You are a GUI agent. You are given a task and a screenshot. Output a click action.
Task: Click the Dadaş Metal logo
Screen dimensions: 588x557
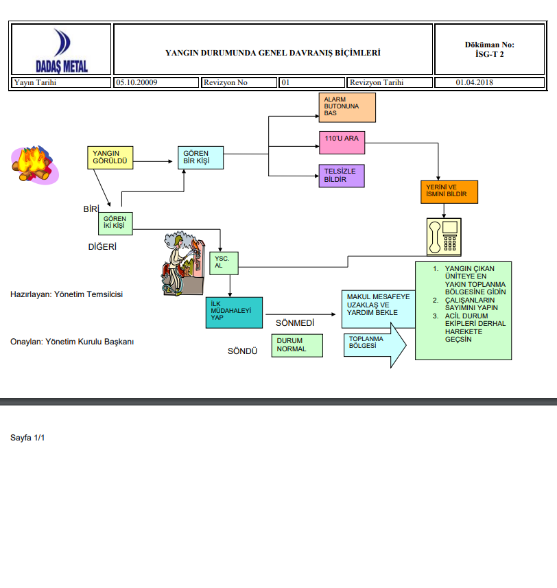tap(61, 50)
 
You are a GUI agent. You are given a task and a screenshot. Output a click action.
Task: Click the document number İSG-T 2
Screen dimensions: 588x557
tap(489, 54)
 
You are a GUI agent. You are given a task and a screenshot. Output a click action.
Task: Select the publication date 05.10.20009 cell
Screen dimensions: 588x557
tap(156, 83)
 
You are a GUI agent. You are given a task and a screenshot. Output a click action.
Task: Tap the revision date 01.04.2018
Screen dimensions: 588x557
tap(475, 83)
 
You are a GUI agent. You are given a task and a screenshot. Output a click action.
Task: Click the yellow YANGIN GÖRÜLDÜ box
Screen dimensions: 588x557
tap(110, 158)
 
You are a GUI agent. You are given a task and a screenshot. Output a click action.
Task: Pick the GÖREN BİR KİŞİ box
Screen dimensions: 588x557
tap(201, 158)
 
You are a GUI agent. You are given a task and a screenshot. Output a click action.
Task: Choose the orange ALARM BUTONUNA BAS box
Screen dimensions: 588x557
tap(347, 107)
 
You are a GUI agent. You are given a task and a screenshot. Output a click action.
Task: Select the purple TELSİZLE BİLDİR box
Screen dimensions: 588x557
tap(342, 176)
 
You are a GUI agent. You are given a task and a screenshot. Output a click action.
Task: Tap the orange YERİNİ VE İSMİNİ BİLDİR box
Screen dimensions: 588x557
tap(449, 191)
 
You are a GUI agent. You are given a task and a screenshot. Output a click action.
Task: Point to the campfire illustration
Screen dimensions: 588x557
tap(34, 165)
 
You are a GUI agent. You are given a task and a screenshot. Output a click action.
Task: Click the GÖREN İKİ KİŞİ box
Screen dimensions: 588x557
tap(115, 224)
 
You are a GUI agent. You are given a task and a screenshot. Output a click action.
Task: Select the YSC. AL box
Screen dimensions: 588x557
tap(223, 263)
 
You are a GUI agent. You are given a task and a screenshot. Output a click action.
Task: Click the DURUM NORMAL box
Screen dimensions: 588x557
tap(298, 345)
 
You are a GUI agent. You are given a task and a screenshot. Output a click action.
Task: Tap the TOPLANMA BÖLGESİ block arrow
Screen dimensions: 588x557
tap(375, 349)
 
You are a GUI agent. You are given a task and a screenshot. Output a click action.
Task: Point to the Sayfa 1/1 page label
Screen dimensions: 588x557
tap(27, 438)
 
